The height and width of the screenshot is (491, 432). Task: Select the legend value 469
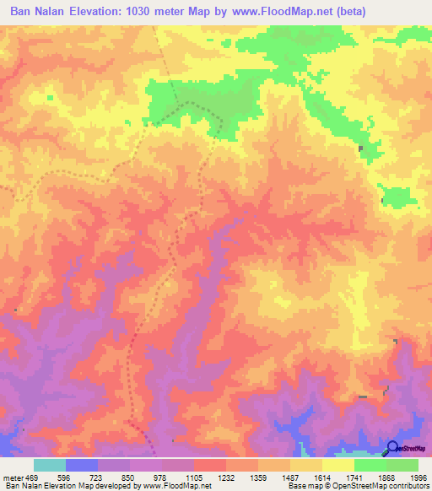tap(32, 478)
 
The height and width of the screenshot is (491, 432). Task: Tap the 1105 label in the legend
tap(194, 478)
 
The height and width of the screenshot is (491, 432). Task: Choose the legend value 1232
tap(226, 478)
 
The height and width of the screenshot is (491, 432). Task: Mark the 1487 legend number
tap(290, 478)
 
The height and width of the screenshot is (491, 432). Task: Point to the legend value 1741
tap(354, 478)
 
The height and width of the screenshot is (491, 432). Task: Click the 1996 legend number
tap(418, 478)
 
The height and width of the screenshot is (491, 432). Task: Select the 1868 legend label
tap(386, 478)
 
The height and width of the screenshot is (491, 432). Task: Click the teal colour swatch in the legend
tap(50, 465)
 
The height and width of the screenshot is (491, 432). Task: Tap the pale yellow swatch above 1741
tap(337, 465)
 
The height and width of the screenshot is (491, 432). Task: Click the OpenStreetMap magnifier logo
tap(393, 448)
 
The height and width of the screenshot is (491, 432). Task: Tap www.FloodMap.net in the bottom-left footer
tap(177, 486)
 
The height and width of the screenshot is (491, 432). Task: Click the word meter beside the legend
tap(12, 478)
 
